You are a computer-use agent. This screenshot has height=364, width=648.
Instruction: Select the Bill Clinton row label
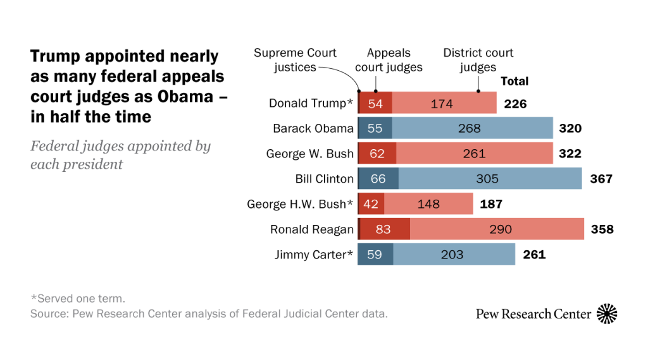pos(324,179)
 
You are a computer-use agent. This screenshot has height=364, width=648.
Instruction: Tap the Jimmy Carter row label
pos(314,255)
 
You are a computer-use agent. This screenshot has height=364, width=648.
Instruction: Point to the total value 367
pos(601,179)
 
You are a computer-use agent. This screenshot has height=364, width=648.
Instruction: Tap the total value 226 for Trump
pos(515,103)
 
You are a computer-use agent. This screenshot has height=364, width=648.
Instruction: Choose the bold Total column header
pos(514,81)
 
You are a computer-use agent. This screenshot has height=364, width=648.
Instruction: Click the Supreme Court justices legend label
pos(295,60)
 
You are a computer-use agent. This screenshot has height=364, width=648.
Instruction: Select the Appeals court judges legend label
pos(389,60)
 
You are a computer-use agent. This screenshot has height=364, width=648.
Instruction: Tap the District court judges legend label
pos(478,60)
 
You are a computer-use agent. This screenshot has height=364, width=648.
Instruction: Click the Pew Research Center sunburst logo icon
pos(607,313)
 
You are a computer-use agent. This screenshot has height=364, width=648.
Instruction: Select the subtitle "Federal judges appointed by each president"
pos(120,155)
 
